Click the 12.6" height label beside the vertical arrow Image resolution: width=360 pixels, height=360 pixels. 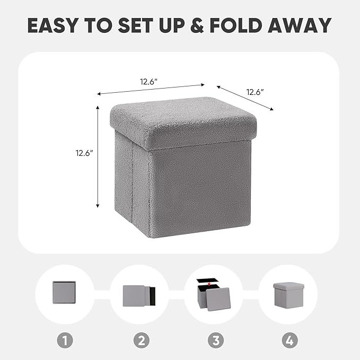[x=84, y=154]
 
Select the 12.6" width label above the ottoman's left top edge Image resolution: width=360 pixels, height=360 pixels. [x=148, y=82]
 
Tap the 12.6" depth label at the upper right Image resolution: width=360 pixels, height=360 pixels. [x=255, y=92]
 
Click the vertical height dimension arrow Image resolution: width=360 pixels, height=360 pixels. [x=98, y=156]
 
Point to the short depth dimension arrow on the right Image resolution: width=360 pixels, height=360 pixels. [x=245, y=98]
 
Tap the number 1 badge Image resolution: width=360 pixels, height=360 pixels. [x=64, y=340]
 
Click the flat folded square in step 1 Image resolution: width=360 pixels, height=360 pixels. [x=65, y=293]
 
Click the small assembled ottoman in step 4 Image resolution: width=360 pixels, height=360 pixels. [x=287, y=293]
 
